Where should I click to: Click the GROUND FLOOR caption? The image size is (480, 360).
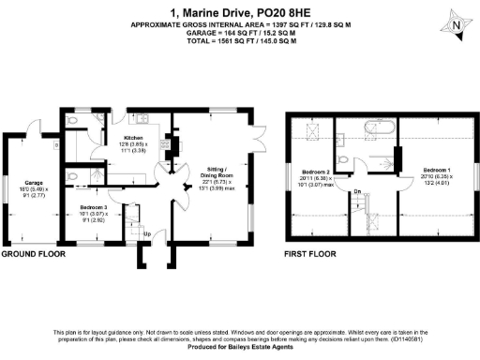coord(32,254)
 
